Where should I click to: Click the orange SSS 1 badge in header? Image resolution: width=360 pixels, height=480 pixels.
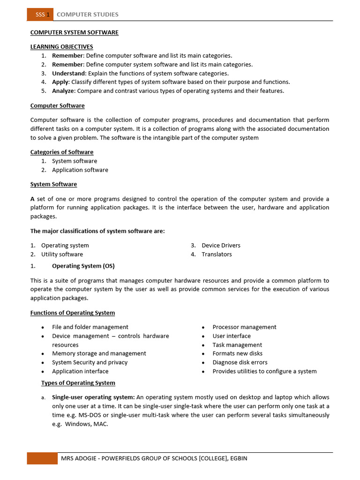[x=40, y=15]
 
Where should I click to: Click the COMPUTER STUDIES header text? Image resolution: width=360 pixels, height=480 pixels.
[x=87, y=15]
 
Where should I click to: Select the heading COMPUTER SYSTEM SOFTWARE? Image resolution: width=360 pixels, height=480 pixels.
[x=74, y=32]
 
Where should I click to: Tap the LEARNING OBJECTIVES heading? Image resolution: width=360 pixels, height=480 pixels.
[x=61, y=47]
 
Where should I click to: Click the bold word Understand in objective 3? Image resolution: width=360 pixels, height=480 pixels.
[x=69, y=73]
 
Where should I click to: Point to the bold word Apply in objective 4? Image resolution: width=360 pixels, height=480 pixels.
[x=60, y=82]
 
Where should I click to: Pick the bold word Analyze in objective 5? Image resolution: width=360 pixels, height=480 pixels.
[x=63, y=91]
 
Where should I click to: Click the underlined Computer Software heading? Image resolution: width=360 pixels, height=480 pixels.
[x=57, y=106]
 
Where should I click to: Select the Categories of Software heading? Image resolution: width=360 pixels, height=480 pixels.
[x=62, y=152]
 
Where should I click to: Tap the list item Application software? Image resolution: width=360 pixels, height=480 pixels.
[x=80, y=170]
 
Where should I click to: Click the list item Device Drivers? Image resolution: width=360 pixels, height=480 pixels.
[x=221, y=245]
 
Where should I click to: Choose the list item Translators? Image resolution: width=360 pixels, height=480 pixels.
[x=217, y=254]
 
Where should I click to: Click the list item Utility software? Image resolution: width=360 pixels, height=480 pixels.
[x=62, y=254]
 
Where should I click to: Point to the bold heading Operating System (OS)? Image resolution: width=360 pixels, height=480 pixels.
[x=83, y=266]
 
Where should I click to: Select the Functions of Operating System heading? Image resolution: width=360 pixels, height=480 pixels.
[x=73, y=313]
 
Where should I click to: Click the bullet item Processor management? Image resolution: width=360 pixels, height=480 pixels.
[x=244, y=327]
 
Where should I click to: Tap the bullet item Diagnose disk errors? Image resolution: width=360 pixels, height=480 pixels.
[x=240, y=362]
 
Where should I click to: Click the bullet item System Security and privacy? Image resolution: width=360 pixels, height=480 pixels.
[x=90, y=362]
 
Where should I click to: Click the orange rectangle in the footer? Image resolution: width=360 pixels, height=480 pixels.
[x=42, y=458]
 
